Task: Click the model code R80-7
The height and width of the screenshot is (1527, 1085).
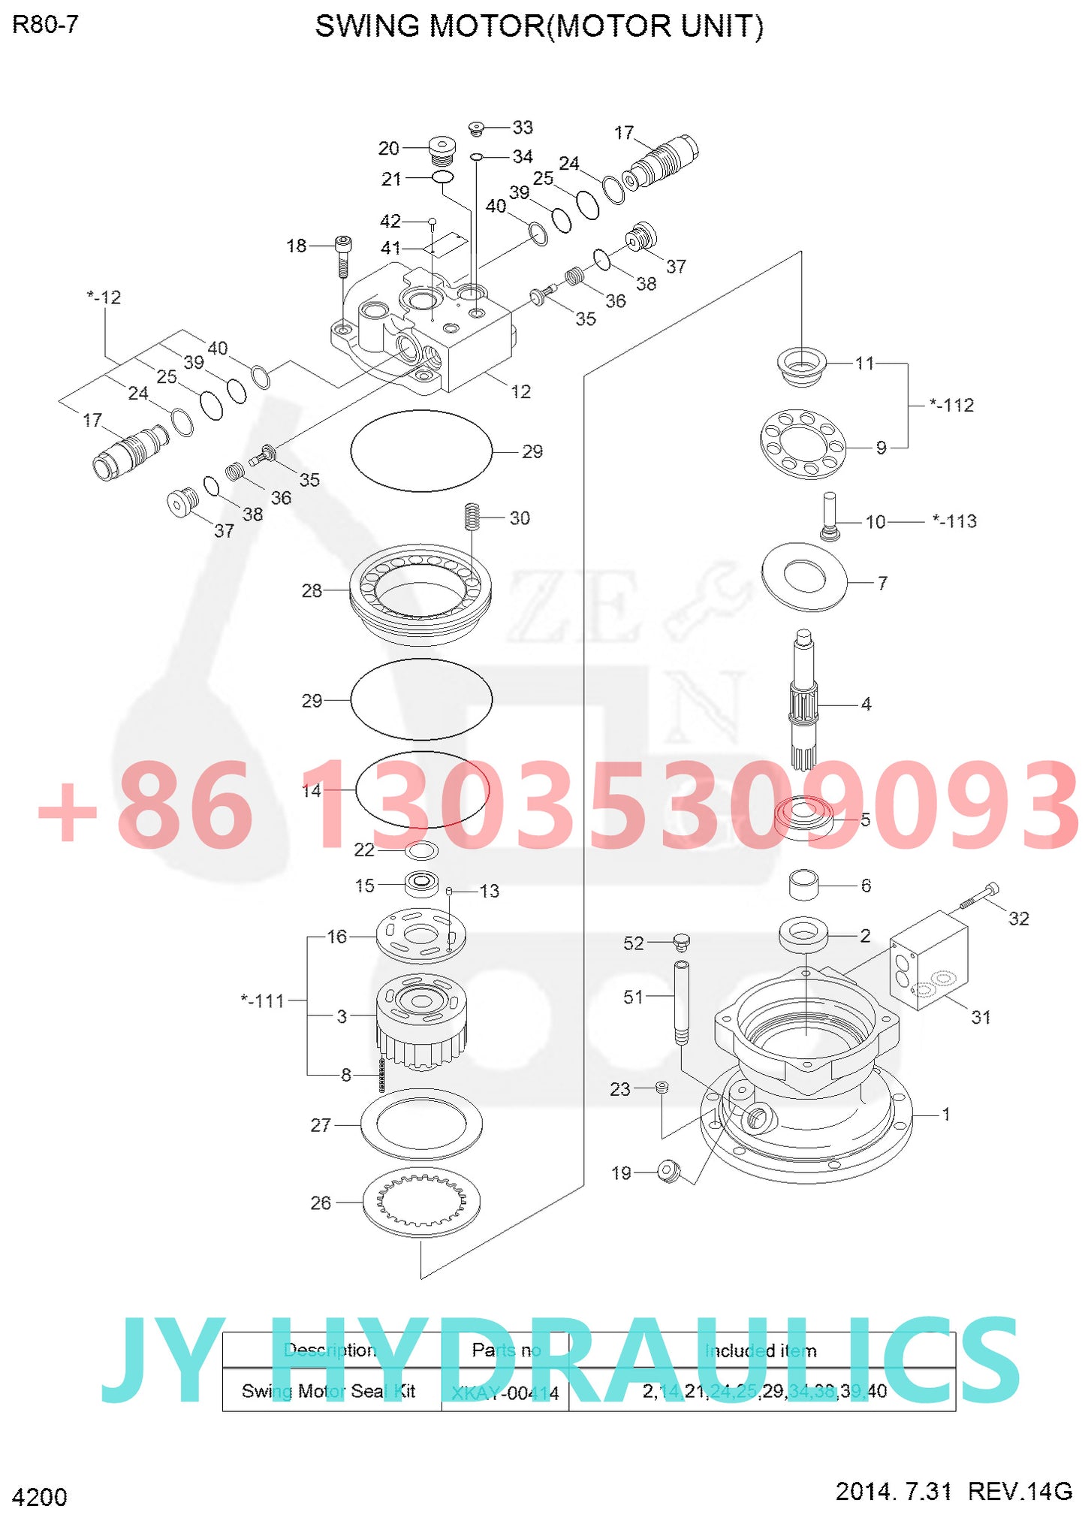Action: (45, 25)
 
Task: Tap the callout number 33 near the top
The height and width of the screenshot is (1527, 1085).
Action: (523, 127)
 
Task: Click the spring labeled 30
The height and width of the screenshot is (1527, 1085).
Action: (472, 516)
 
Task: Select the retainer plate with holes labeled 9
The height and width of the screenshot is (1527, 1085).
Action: (802, 445)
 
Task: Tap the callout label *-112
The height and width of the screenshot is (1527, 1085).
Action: (951, 406)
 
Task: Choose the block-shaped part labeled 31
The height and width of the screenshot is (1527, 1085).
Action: (929, 960)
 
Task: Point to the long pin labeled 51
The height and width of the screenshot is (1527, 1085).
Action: (682, 1002)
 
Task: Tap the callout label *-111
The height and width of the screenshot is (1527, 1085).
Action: (263, 1001)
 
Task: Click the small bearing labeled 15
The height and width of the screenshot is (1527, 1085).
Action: (422, 883)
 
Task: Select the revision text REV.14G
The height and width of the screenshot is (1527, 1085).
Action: (1020, 1490)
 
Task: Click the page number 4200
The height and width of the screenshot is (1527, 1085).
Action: (40, 1497)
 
